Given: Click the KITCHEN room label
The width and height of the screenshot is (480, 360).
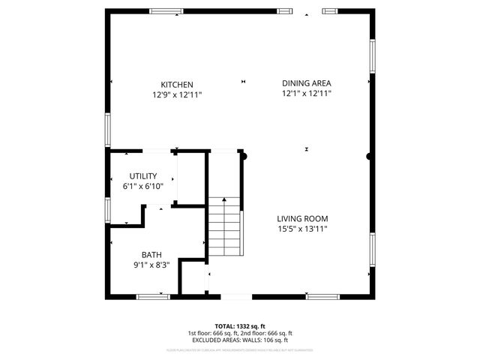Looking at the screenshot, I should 177,84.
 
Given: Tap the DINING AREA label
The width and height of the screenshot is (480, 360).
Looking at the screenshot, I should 306,83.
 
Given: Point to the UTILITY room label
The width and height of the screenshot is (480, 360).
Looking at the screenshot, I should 142,176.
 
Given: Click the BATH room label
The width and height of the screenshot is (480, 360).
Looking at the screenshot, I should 151,255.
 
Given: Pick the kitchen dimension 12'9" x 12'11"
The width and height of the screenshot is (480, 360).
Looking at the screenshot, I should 177,94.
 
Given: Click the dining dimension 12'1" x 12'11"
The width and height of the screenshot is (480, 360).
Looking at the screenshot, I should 306,94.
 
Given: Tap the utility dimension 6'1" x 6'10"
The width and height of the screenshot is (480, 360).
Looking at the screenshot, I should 142,187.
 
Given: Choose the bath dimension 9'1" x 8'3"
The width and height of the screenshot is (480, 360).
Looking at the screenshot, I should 151,265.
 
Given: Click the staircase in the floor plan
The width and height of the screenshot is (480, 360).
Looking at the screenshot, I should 225,226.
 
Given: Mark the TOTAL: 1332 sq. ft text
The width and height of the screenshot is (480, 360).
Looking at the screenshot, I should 239,326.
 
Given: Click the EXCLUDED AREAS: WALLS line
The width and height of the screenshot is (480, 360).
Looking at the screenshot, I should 239,340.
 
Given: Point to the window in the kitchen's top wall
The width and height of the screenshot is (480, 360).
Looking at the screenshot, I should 166,11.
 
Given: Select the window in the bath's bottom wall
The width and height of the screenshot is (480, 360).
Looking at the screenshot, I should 153,297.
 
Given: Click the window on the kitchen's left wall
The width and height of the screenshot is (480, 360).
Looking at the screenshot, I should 108,130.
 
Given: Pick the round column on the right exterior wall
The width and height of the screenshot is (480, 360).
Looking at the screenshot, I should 369,157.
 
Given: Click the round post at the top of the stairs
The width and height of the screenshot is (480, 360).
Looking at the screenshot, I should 242,156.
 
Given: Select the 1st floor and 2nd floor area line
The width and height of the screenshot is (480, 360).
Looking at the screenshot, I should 239,333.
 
